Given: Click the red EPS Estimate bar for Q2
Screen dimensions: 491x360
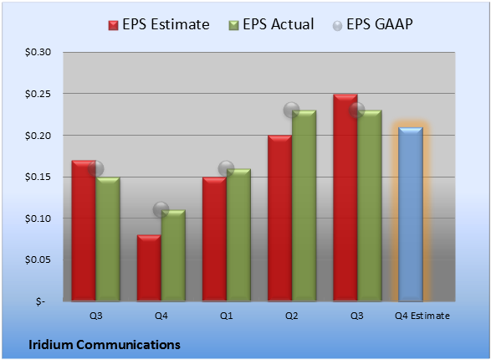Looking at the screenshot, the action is point(279,218).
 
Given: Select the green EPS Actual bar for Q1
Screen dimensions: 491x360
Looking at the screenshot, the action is point(238,235).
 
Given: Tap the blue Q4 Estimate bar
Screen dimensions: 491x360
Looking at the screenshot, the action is point(411,214).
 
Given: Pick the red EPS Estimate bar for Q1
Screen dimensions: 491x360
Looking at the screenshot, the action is point(214,239).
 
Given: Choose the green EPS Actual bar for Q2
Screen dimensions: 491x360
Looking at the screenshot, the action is point(304,206).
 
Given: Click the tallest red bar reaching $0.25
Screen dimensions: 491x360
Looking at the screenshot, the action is point(345,198).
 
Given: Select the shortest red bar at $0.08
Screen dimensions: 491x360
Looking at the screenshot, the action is point(149,268).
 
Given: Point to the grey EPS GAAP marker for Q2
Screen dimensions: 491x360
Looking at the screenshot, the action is point(292,110).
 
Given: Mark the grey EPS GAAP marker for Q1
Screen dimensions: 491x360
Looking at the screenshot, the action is point(226,169).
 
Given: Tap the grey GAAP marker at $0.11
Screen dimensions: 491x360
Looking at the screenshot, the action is point(161,209).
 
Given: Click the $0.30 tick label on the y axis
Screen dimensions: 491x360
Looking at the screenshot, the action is point(38,52).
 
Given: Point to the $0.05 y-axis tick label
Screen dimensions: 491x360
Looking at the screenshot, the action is point(38,260).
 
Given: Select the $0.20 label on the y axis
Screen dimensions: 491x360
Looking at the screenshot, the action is point(38,136).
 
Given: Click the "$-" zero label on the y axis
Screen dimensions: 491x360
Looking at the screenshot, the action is point(40,301).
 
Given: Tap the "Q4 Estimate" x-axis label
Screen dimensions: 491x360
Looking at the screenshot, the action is point(422,316).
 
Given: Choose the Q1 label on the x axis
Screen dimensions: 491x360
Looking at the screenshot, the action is point(226,316).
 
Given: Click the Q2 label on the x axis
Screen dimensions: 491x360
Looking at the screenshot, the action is point(292,316).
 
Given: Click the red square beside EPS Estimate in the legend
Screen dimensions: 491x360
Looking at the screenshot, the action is point(113,25).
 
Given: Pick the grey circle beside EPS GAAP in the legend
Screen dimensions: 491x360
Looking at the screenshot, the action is point(337,26).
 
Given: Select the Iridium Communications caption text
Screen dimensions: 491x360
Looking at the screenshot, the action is point(105,345).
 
